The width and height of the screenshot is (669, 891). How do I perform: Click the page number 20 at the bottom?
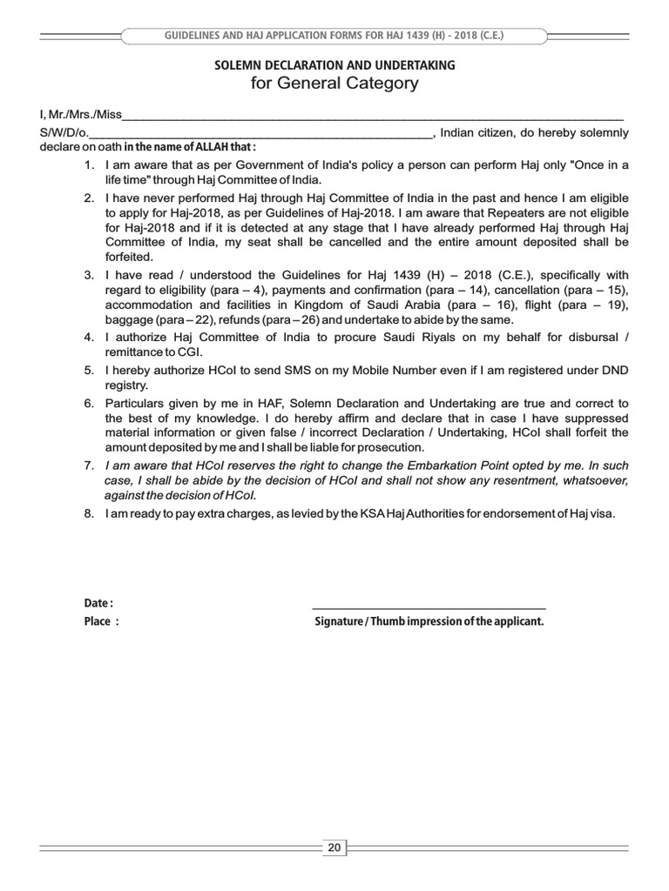[334, 846]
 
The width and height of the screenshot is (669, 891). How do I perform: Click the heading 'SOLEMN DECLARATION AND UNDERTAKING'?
[334, 65]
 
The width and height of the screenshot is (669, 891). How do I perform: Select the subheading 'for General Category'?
[334, 84]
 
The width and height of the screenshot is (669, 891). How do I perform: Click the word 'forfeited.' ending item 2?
[129, 257]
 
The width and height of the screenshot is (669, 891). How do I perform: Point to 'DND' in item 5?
[614, 371]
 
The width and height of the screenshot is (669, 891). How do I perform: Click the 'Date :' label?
[98, 603]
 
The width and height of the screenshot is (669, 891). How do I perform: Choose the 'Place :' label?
[101, 622]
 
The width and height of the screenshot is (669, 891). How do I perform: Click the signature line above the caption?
[429, 607]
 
